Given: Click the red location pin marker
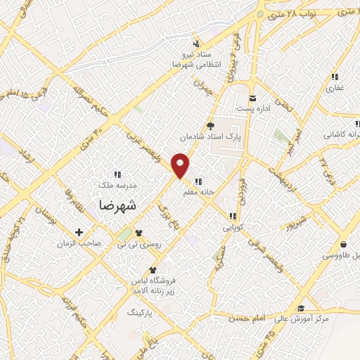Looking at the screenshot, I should point(181,165).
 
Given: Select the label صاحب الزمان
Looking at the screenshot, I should point(79,243).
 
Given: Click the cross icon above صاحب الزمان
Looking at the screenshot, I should point(79,232).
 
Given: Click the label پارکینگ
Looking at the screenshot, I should point(140,310).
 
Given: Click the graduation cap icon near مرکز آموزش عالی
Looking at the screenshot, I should point(300,309).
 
